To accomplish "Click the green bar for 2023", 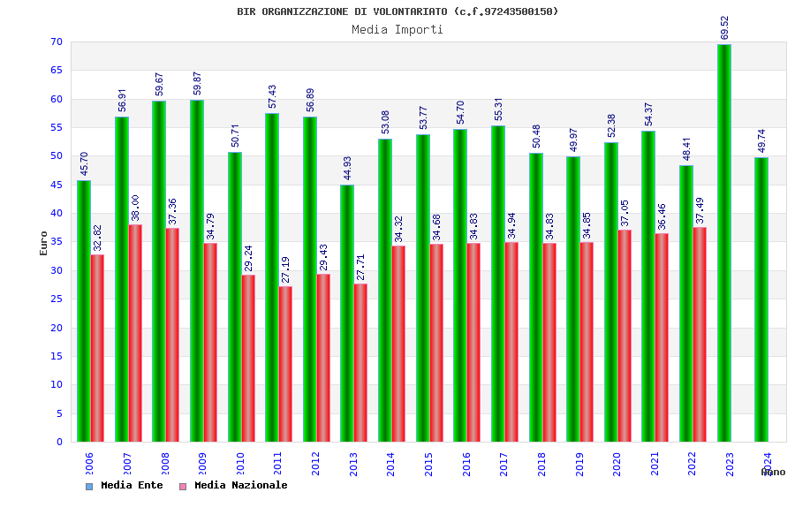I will coord(723,243).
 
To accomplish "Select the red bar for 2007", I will coord(135,333).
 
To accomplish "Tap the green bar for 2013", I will coord(347,313).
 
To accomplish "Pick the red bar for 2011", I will coord(285,364).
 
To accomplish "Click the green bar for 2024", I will coord(761,299).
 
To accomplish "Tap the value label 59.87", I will coord(198,83).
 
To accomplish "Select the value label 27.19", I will coord(286,269).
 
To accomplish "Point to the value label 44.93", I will coord(348,168).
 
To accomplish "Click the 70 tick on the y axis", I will coord(57,42).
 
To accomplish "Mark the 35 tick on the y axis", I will coord(57,242).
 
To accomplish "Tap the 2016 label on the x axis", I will coord(466,465).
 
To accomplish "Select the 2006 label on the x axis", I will coord(89,465).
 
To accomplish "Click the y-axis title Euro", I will coord(44,243).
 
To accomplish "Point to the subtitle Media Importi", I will coord(397,29).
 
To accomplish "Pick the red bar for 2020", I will coord(625,336).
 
